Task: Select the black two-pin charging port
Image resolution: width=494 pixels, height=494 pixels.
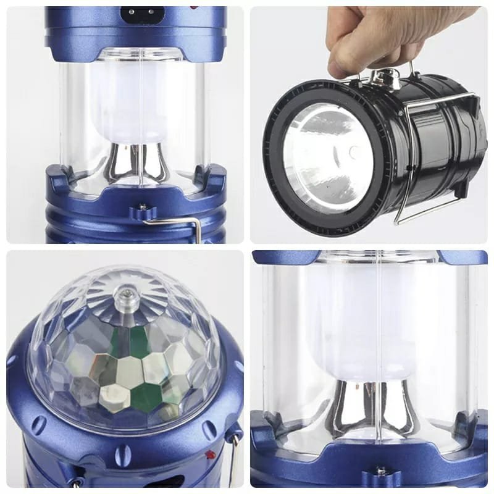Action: (137, 11)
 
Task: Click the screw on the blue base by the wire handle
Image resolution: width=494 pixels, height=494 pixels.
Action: (141, 206)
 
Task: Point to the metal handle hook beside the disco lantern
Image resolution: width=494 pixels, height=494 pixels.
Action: (235, 457)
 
